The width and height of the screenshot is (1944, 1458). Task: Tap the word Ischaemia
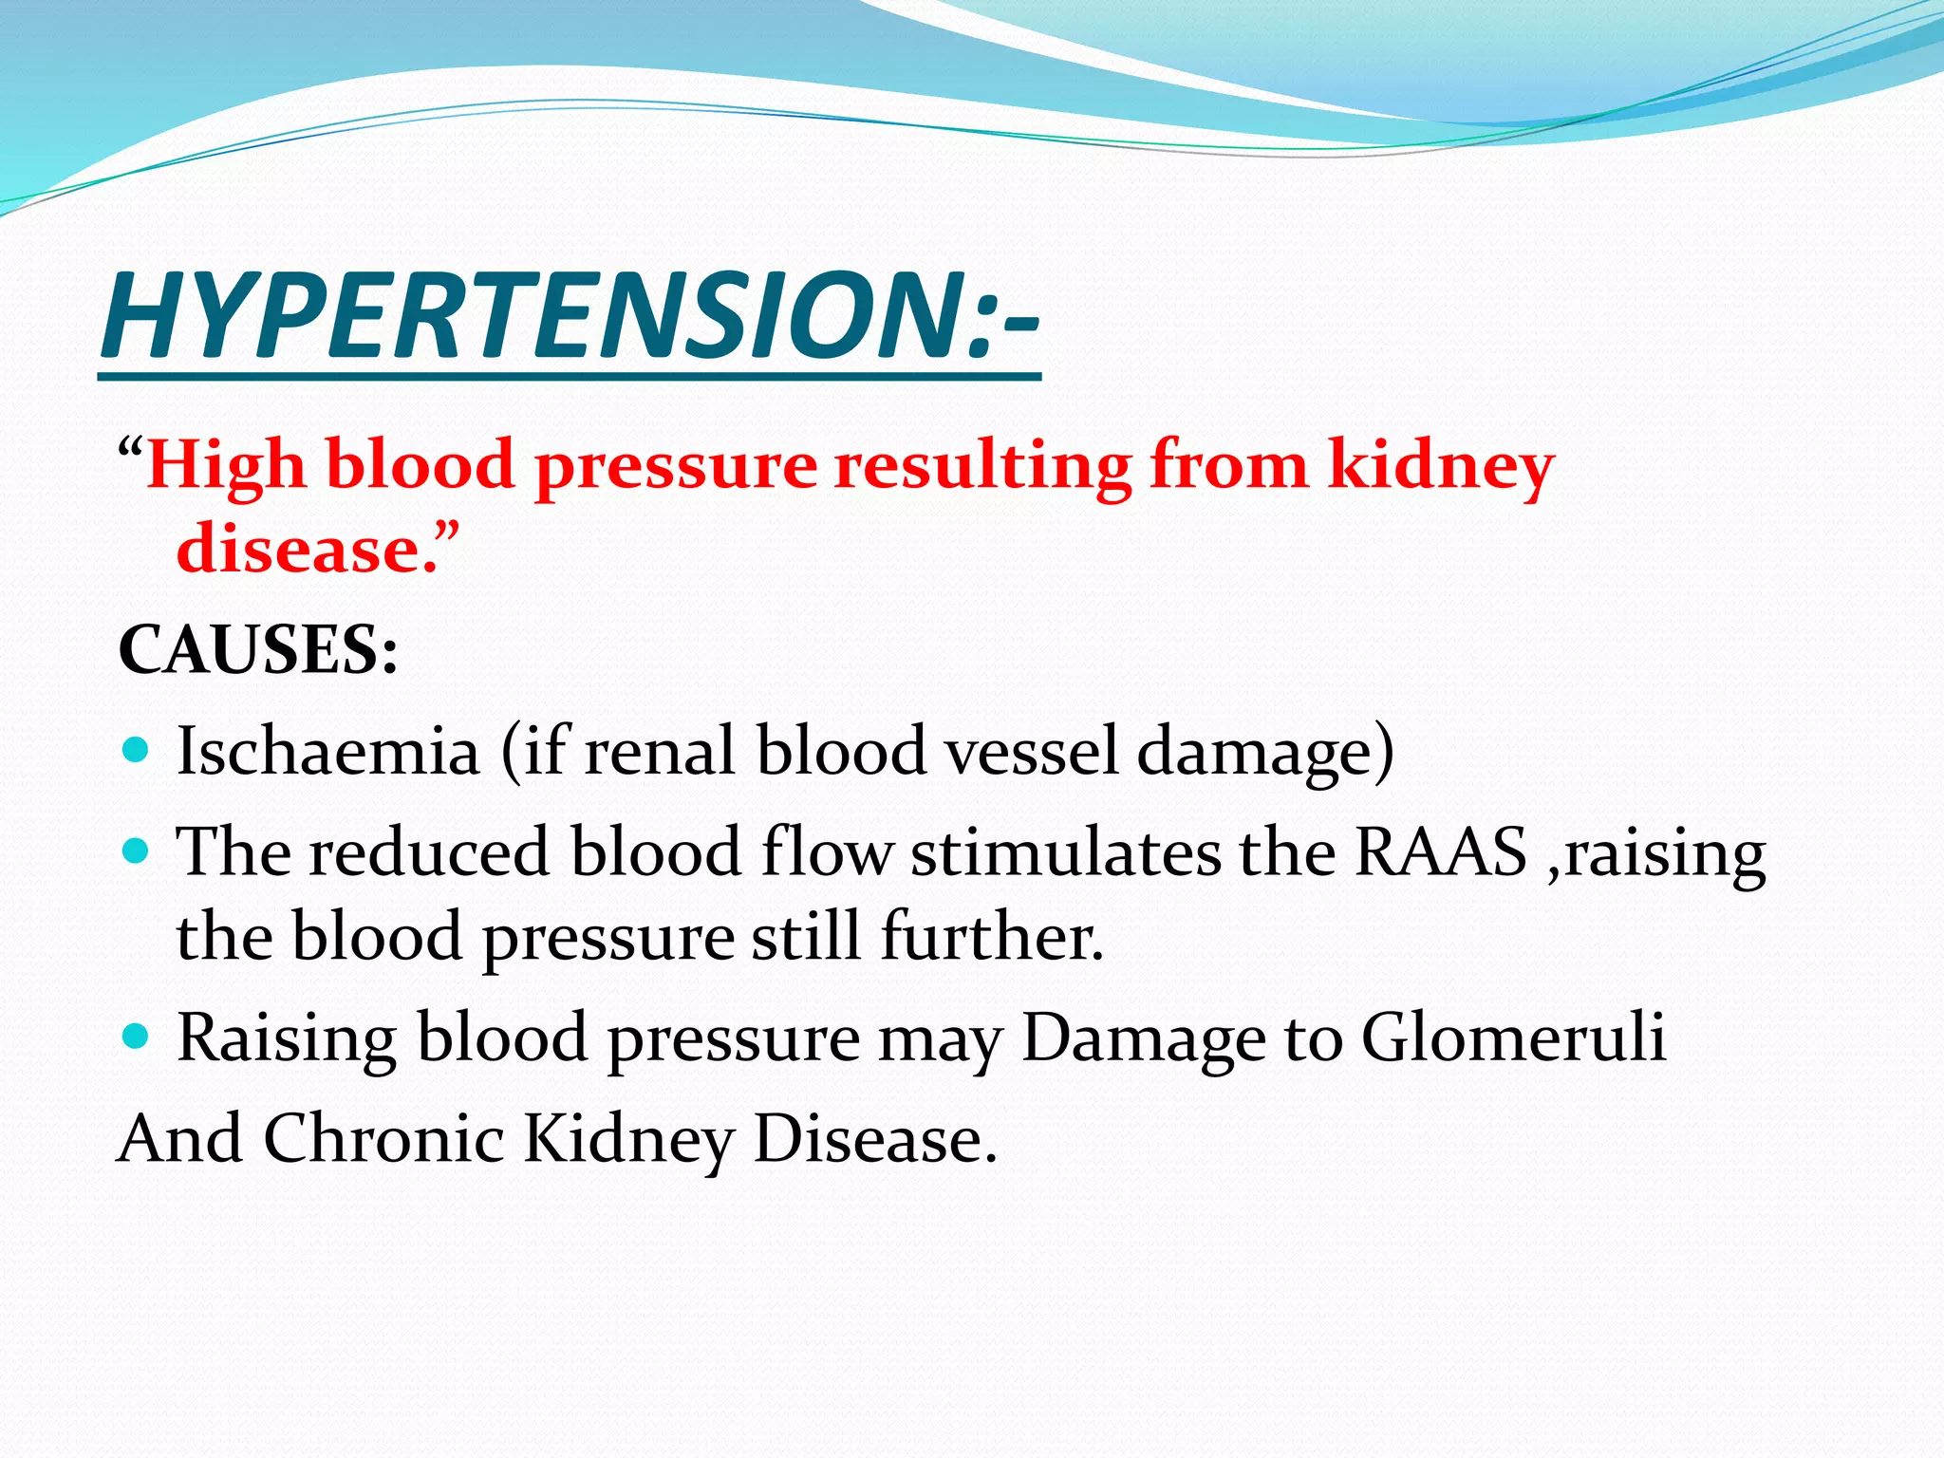(328, 751)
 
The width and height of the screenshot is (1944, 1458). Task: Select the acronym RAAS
(1440, 851)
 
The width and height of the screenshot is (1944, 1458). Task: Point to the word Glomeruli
(1514, 1037)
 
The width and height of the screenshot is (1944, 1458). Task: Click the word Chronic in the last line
(383, 1138)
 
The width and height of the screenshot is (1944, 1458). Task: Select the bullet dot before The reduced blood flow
(137, 850)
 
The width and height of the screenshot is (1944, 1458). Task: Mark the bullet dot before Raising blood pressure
(137, 1037)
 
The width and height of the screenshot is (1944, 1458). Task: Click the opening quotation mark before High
(131, 448)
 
